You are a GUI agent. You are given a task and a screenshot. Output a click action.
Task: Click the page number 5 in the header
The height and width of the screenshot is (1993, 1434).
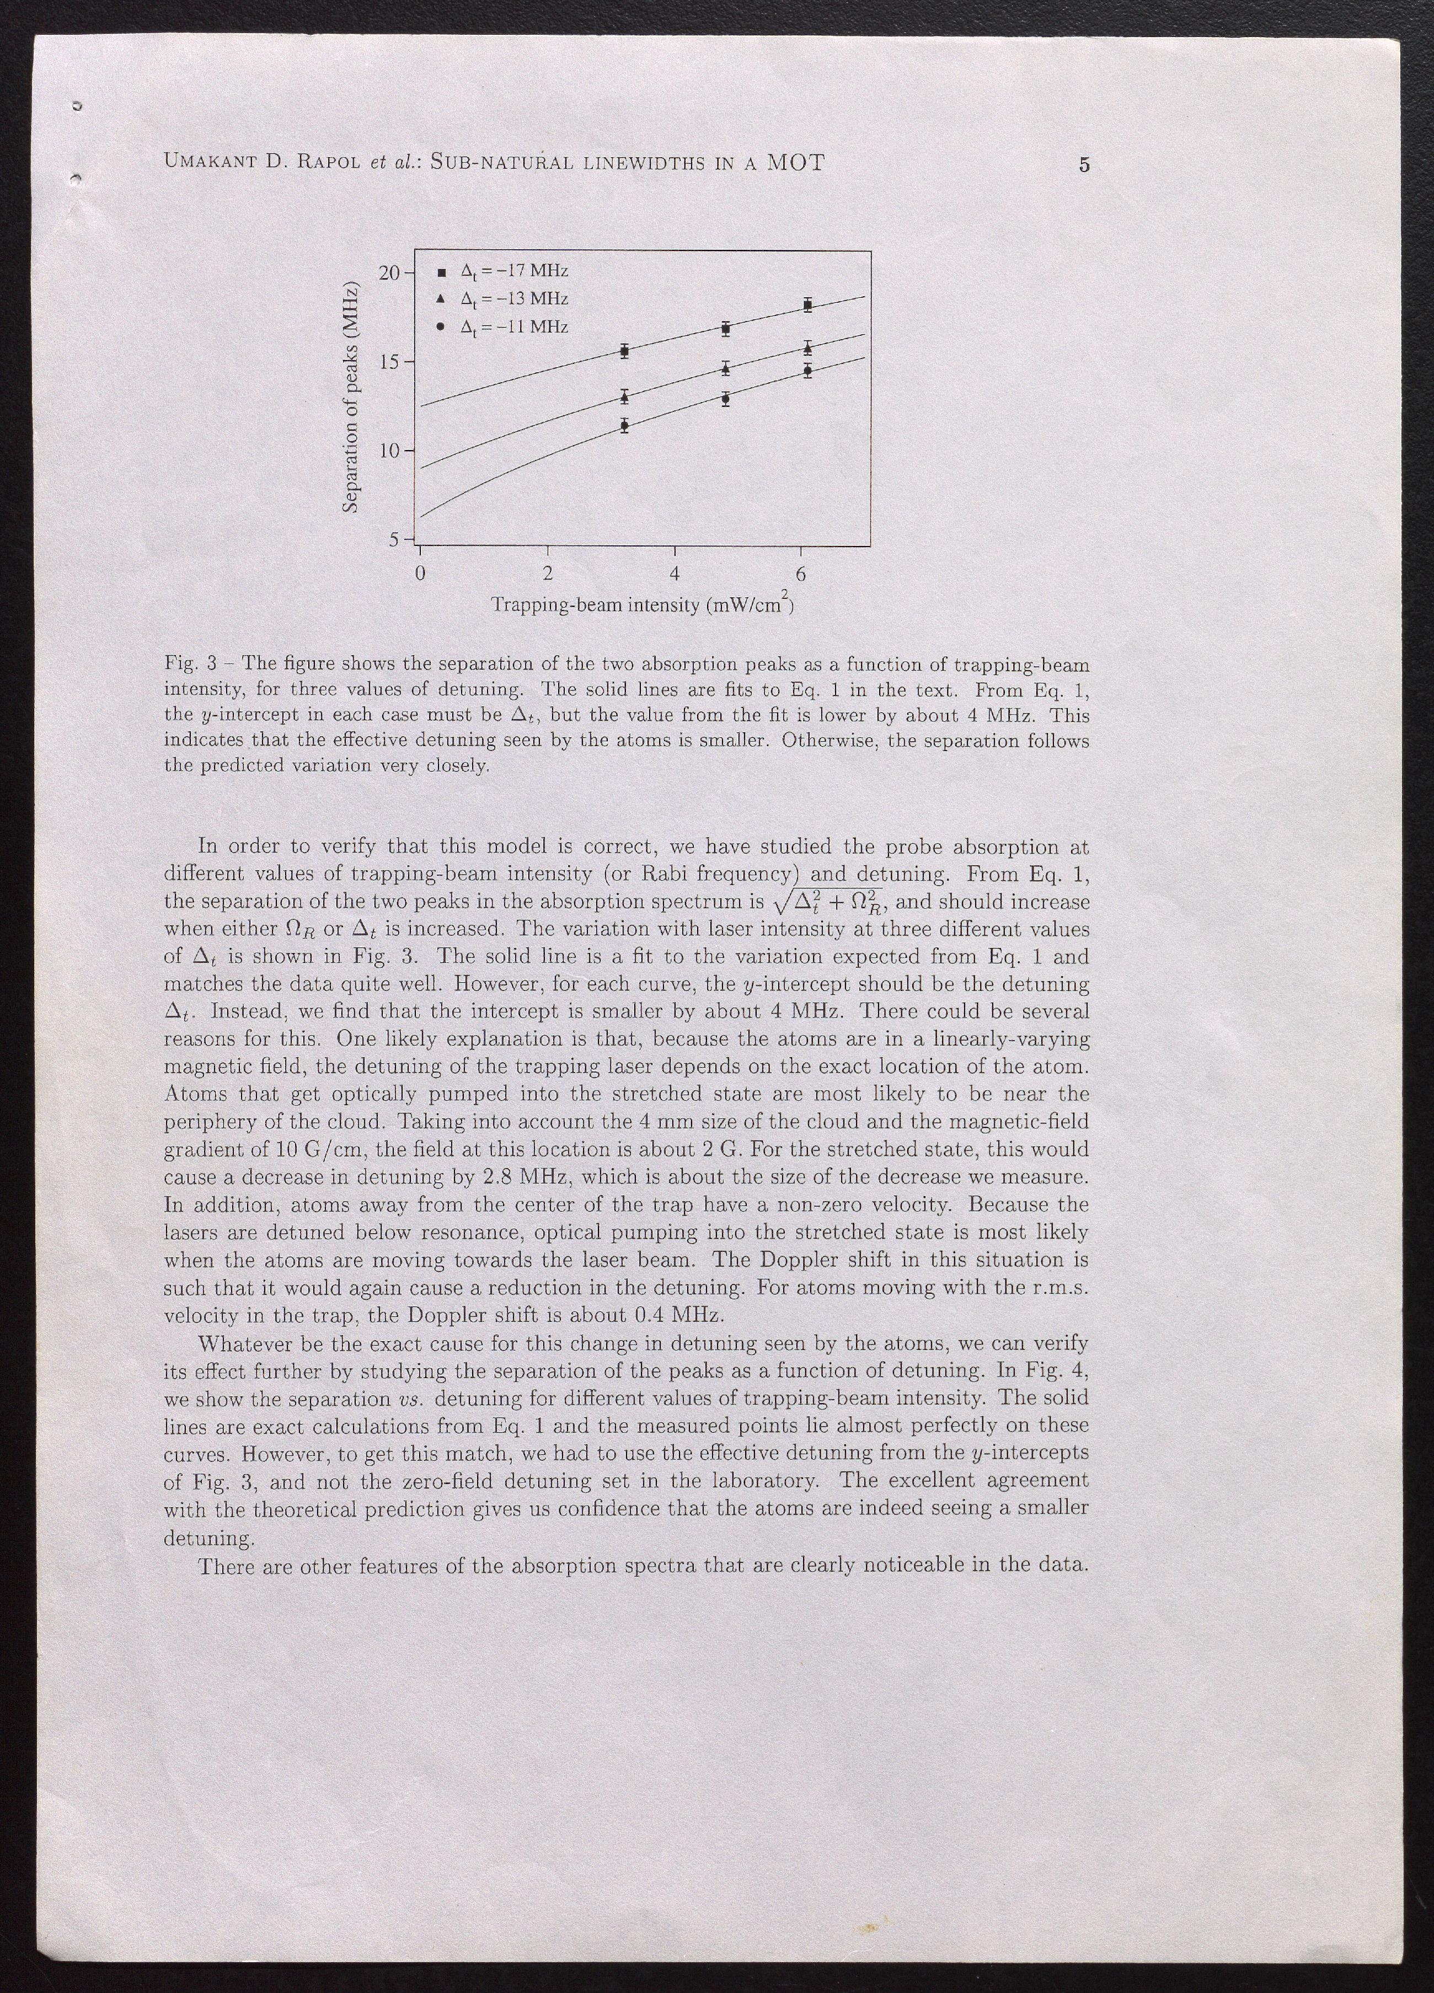coord(1084,164)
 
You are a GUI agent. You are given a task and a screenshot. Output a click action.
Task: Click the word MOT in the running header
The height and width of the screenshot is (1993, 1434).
coord(795,163)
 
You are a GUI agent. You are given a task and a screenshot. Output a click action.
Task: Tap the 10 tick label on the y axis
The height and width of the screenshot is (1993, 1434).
coord(388,451)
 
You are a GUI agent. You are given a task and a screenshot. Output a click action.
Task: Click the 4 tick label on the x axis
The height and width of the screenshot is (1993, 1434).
coord(674,575)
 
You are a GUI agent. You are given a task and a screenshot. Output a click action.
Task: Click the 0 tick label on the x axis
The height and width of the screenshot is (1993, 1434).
coord(421,575)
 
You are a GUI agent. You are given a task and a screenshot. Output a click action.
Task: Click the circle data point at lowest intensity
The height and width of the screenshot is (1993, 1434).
coord(624,426)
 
